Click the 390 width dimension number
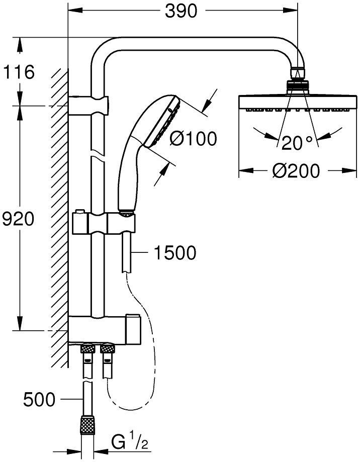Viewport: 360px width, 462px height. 182,11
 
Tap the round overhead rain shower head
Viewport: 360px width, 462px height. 297,101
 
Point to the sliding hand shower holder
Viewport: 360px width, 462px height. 103,222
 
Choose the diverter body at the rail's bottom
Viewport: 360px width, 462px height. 103,329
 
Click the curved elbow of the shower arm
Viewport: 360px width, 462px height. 103,53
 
